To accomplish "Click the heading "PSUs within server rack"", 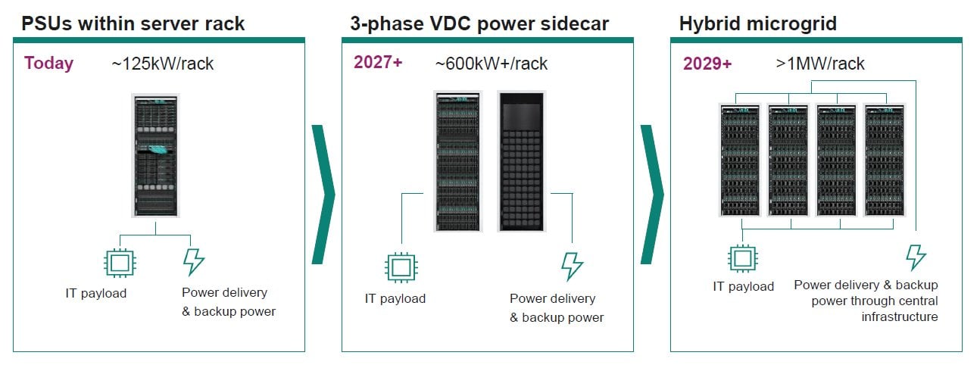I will coord(133,23).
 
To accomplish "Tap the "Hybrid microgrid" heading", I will coord(757,23).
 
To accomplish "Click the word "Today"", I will coord(49,63).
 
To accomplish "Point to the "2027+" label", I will coord(378,63).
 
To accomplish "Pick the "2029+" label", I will coord(707,64).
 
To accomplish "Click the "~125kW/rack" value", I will coord(162,64).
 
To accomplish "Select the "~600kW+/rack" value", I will coord(491,64).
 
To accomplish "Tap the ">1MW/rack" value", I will coord(819,64).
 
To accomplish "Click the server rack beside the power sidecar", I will coord(457,161).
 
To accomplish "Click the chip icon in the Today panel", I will coord(118,262).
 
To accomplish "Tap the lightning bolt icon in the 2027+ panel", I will coord(572,267).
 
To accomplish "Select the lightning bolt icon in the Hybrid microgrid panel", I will coord(916,257).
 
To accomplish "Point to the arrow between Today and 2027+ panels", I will coord(323,195).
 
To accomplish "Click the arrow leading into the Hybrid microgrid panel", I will coord(652,195).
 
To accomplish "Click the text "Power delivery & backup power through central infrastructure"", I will coord(866,301).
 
